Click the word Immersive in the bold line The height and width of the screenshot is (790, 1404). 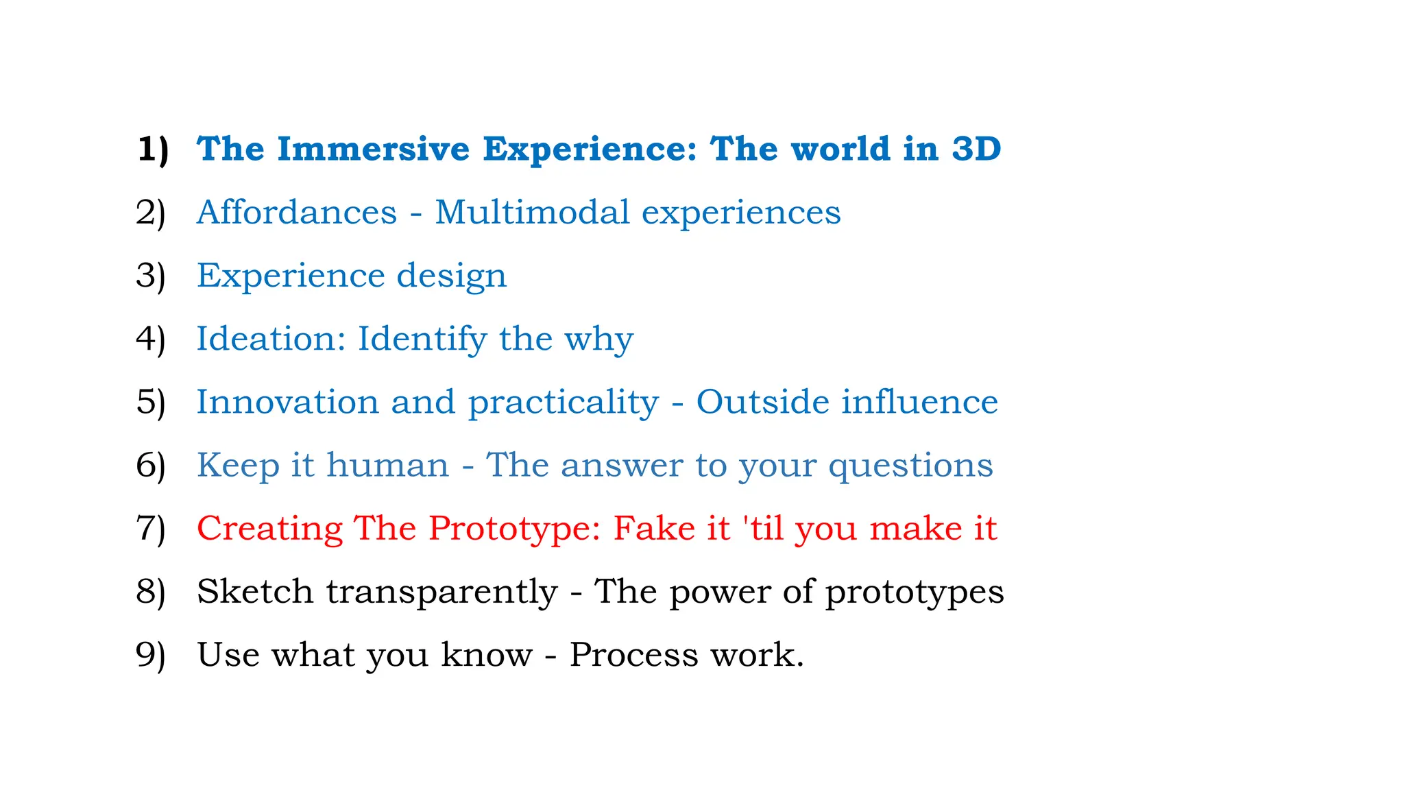pos(373,149)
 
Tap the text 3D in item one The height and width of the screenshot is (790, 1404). pos(976,149)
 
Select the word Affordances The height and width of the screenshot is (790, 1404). pos(297,212)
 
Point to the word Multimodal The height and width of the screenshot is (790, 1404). pos(532,212)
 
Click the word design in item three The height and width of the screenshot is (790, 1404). pos(452,276)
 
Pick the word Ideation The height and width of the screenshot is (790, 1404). pos(271,339)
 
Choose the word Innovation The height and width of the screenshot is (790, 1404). pos(287,402)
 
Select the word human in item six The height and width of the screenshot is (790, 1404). pos(387,465)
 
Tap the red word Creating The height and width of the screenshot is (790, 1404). pos(269,529)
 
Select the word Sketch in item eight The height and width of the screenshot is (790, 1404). pos(255,591)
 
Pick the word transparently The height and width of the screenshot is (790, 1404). pos(441,592)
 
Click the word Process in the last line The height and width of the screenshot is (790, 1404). pos(633,654)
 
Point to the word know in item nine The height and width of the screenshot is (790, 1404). pos(486,654)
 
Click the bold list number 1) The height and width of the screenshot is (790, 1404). pos(152,150)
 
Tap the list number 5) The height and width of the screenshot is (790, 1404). pos(151,403)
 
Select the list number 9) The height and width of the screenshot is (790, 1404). pos(151,655)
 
